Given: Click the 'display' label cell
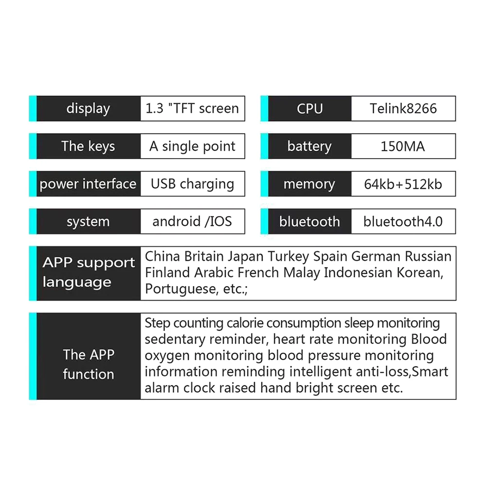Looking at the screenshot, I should coord(88,108).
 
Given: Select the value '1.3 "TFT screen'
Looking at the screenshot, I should coord(192,108).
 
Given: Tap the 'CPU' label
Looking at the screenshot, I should coord(309,108).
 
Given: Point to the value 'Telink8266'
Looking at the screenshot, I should coord(403,108).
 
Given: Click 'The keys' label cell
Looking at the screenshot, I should coord(88,146).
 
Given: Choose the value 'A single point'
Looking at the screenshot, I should coord(192,146).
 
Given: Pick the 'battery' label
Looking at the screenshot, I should coord(309,146).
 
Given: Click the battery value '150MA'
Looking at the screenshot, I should coord(403,146).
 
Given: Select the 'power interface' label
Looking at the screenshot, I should coord(88,184).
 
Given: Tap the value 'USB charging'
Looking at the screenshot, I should coord(192,184).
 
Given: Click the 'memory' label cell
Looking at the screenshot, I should coord(309,184).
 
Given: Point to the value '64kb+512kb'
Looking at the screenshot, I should coord(403,184).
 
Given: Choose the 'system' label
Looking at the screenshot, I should coord(88,222).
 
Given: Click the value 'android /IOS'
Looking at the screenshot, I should coord(192,222).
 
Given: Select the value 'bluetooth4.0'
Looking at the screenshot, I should coord(403,222).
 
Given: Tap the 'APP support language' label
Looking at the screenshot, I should coord(88,272).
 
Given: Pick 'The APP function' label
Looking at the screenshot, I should coord(88,364).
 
